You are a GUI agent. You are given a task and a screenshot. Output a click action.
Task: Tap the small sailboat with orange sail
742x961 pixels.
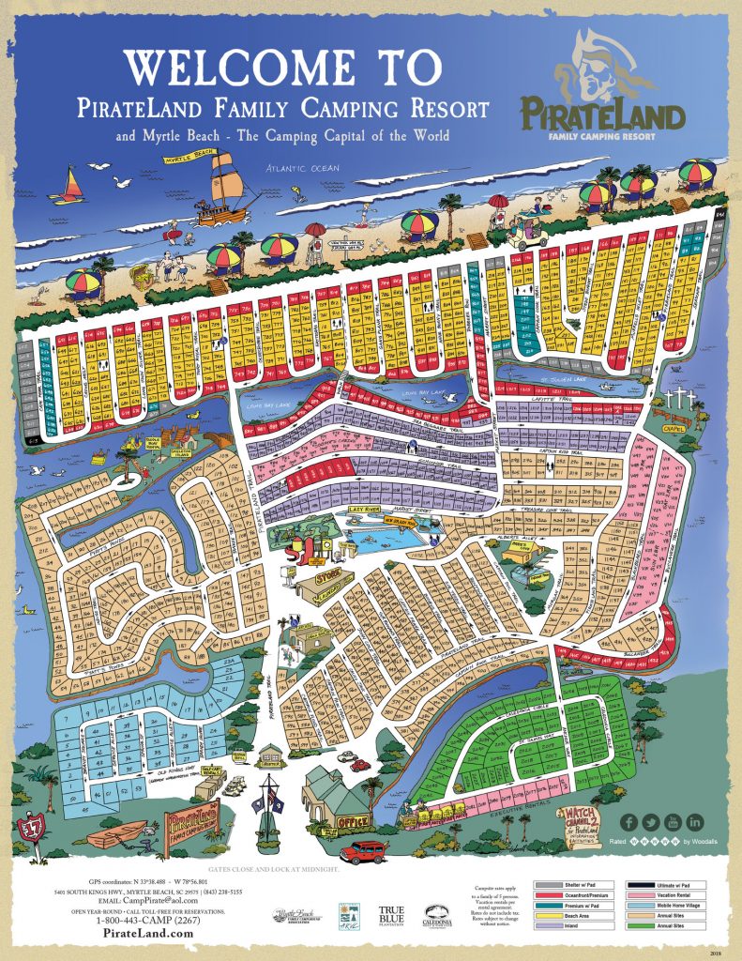70,185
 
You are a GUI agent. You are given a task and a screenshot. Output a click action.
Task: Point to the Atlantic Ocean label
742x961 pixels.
302,168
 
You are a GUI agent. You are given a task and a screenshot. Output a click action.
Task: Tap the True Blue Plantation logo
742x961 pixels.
390,915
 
